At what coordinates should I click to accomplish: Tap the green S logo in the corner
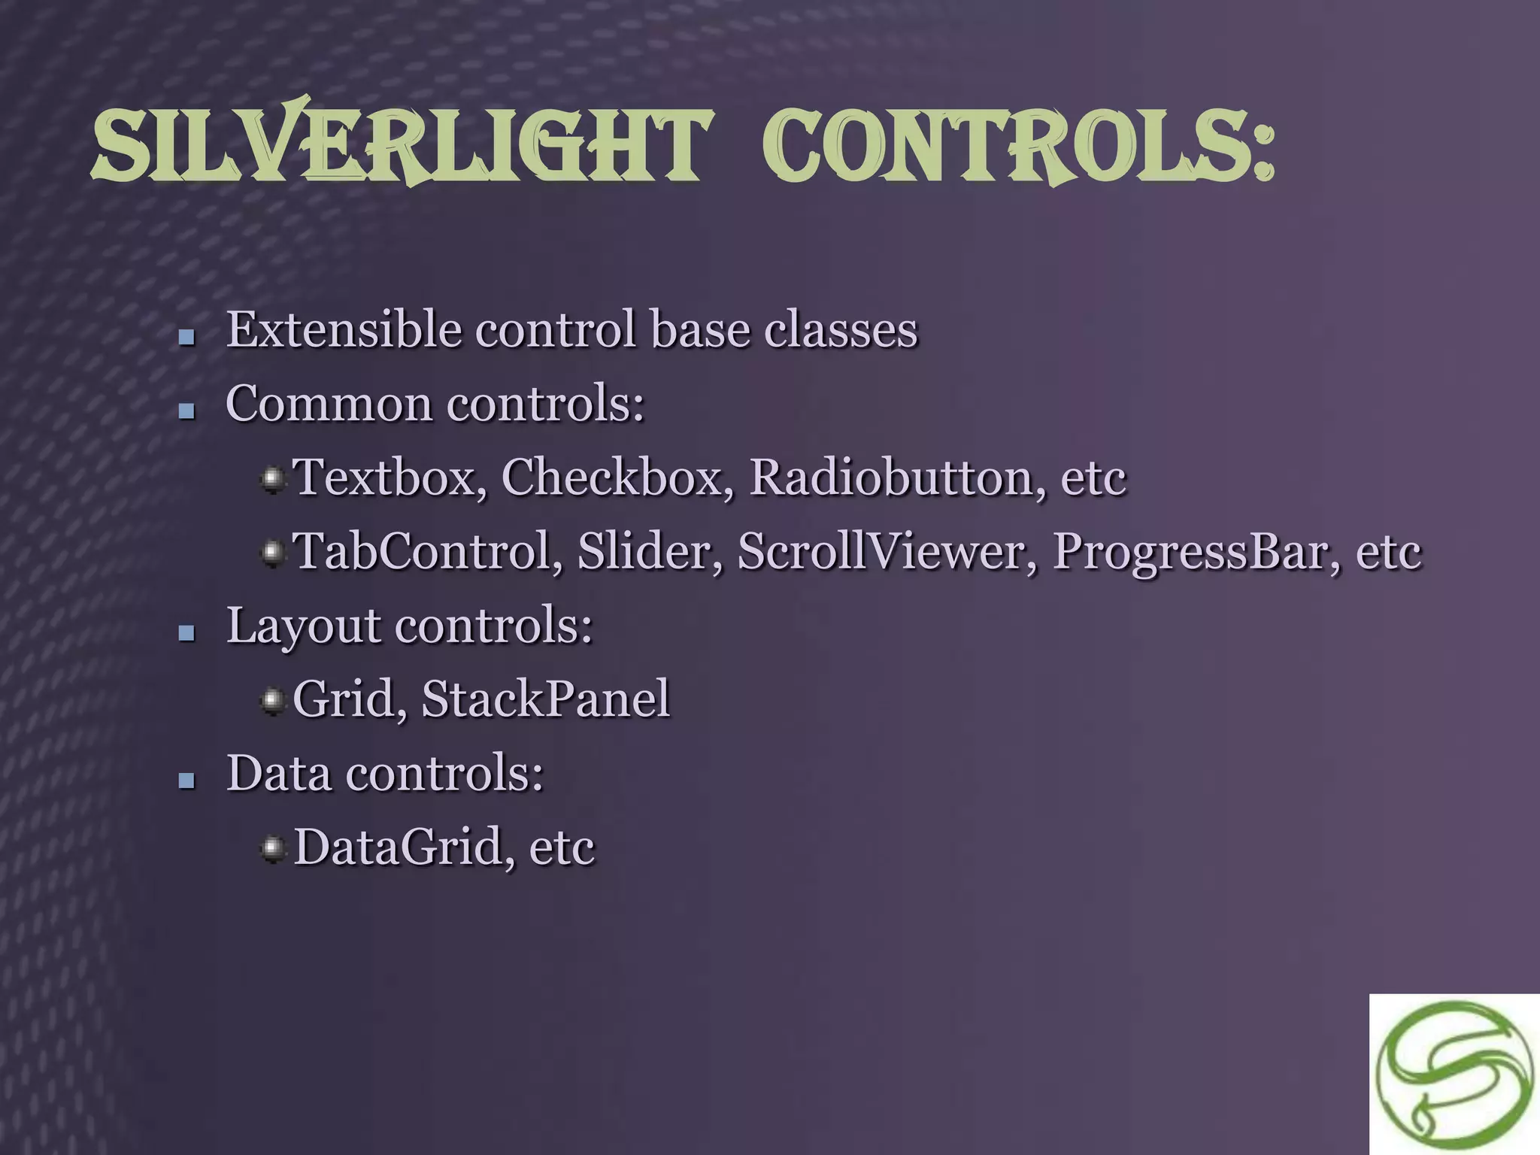(x=1454, y=1075)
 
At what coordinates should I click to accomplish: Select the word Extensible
(x=344, y=330)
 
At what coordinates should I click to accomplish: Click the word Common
(x=329, y=404)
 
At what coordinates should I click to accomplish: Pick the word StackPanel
(x=546, y=699)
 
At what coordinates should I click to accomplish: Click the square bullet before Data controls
(x=186, y=781)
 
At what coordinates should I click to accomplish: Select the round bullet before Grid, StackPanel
(x=272, y=701)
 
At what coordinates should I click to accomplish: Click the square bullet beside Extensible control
(x=186, y=338)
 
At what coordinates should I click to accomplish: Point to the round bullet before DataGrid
(x=272, y=849)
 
